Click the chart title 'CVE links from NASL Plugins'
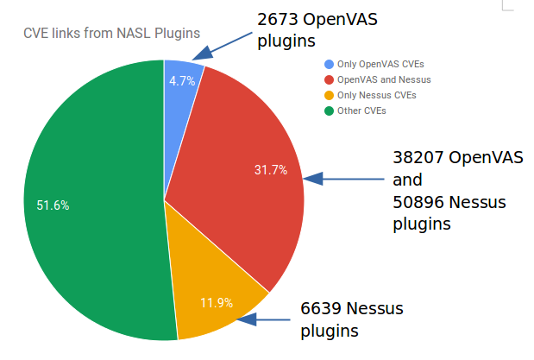pos(111,34)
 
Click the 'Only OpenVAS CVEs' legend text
pos(380,64)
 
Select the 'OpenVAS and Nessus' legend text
pos(384,79)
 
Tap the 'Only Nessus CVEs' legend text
pos(377,95)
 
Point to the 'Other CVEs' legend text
pos(361,111)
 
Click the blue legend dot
pos(329,65)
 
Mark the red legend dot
pos(329,79)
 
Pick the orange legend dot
pos(329,96)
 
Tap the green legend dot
pos(329,111)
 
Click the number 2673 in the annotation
pos(278,20)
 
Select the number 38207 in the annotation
pos(418,158)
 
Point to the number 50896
pos(418,203)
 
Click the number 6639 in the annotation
pos(321,309)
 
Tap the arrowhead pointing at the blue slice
pos(202,54)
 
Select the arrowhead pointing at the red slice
pos(313,179)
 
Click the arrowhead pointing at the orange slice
pos(247,319)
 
